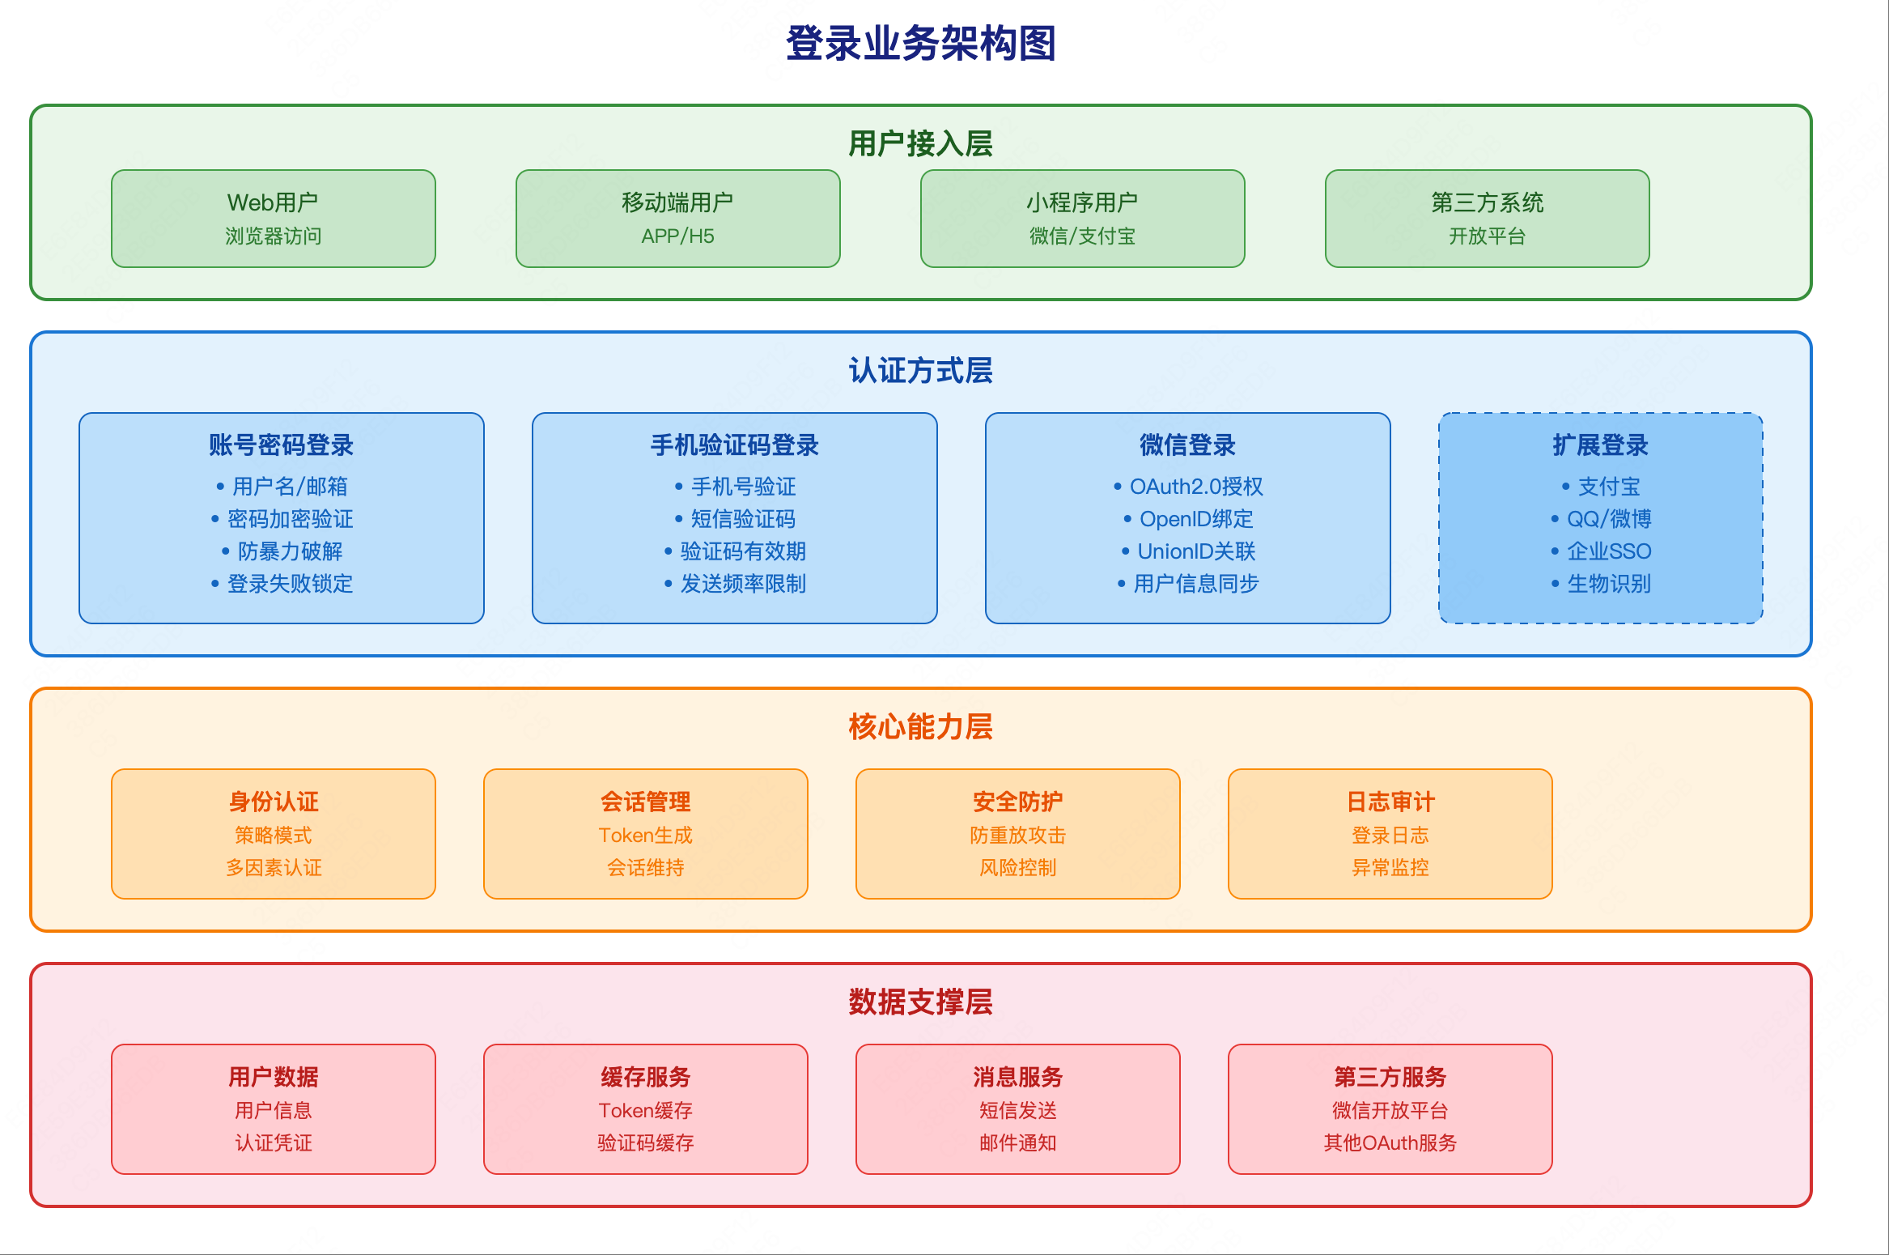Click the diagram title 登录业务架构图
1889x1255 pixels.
921,44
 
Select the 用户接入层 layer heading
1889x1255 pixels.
921,144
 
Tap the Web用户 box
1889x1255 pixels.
273,218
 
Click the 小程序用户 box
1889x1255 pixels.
1082,218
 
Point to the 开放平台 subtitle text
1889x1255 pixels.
1487,236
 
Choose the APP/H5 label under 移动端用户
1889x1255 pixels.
677,236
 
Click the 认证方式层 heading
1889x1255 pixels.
921,371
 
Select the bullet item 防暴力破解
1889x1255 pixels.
290,551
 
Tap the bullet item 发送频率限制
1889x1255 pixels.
743,584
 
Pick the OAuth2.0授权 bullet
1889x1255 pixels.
1196,487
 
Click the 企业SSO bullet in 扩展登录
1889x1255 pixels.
1609,551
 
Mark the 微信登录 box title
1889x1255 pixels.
1187,445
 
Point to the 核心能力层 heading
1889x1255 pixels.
921,727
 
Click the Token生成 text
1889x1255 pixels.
645,836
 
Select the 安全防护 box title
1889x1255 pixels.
1017,802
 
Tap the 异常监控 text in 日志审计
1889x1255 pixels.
1390,868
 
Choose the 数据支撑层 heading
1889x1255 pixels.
921,1002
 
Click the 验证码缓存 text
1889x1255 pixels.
645,1143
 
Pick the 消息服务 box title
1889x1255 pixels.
1017,1077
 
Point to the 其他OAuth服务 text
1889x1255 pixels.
1390,1143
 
